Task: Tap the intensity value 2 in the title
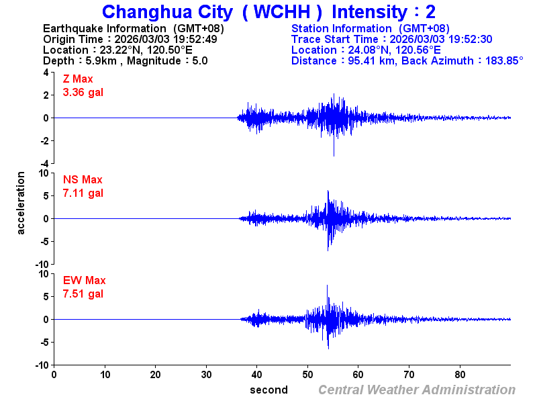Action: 430,12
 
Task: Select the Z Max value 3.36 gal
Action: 83,93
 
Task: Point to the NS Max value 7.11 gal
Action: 83,193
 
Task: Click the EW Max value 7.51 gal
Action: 83,294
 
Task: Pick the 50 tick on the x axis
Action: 308,375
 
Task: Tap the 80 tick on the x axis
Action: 460,375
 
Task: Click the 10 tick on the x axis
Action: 105,375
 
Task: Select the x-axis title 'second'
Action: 268,390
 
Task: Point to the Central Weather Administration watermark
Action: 416,390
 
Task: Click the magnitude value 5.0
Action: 199,60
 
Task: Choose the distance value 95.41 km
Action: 367,60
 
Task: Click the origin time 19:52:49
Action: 195,39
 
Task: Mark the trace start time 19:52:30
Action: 471,39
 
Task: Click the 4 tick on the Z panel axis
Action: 46,73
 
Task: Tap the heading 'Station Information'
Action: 342,28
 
